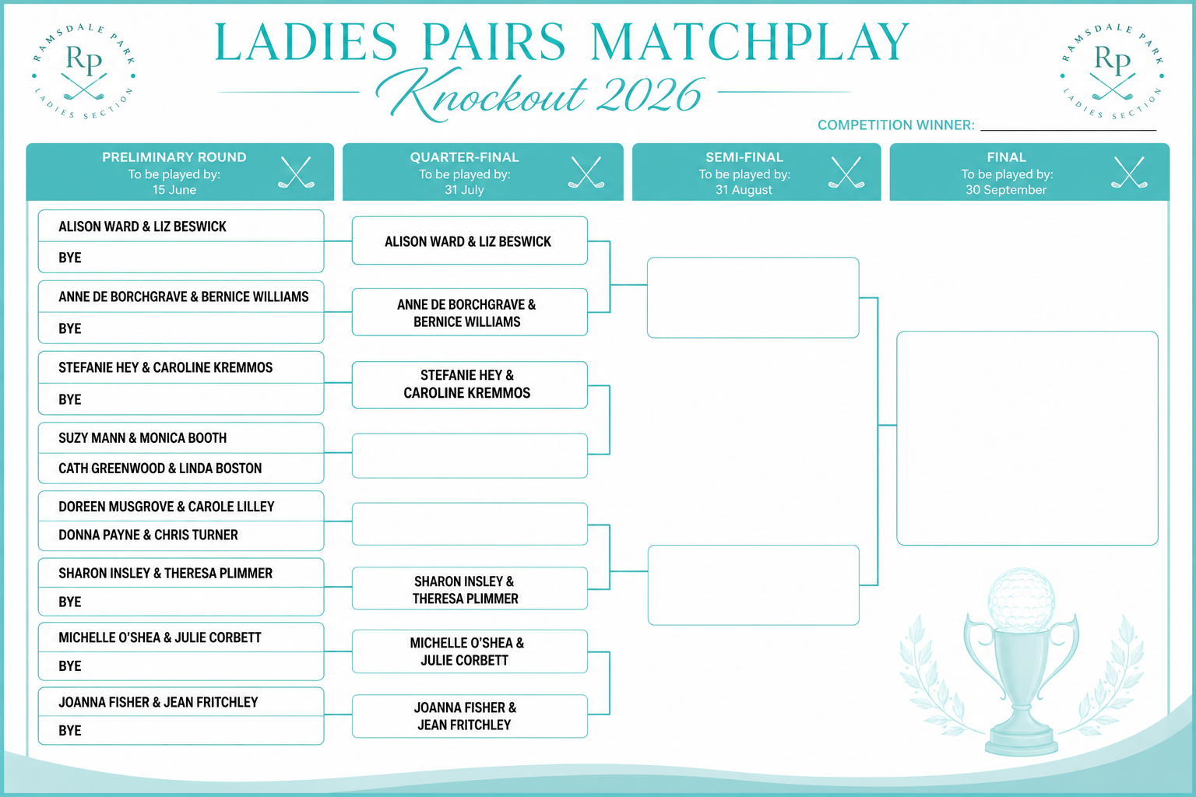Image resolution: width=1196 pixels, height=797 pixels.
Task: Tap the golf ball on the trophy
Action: click(1021, 599)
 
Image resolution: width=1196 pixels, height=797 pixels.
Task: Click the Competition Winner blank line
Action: click(1068, 127)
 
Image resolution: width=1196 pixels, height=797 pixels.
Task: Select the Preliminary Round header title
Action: click(174, 157)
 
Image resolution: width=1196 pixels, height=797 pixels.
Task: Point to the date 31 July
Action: click(464, 190)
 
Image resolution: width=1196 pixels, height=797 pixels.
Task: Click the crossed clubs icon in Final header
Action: click(1128, 172)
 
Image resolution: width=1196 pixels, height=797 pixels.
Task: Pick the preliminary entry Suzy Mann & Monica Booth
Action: click(142, 438)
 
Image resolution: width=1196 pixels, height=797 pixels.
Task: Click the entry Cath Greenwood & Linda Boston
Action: click(160, 469)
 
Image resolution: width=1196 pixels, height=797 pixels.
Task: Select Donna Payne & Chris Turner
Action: click(148, 535)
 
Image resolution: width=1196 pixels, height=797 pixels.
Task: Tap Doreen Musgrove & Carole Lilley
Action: click(166, 507)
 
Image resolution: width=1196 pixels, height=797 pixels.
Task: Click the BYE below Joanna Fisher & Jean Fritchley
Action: click(70, 731)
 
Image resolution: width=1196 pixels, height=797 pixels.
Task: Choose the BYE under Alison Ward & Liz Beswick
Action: click(70, 258)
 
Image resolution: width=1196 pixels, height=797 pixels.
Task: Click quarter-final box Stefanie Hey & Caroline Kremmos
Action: click(469, 384)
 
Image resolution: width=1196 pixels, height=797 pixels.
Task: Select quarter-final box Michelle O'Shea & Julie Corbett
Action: click(469, 651)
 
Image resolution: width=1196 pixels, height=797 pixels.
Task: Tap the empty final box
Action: click(1027, 438)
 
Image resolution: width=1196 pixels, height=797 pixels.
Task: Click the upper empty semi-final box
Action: click(752, 297)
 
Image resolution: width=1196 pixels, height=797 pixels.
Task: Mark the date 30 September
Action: click(1006, 190)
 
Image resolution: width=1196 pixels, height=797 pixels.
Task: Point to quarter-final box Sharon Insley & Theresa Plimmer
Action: click(469, 589)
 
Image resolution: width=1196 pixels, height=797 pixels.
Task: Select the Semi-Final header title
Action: click(744, 157)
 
